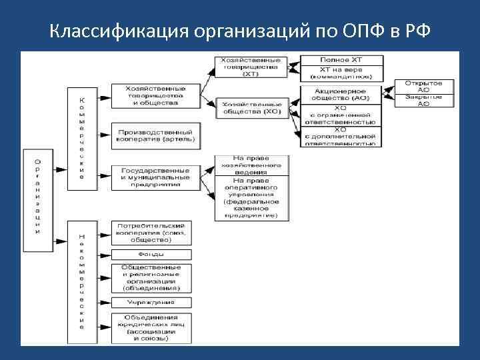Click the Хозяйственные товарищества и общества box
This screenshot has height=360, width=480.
pyautogui.click(x=155, y=96)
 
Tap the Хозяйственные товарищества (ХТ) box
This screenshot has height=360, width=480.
pyautogui.click(x=251, y=67)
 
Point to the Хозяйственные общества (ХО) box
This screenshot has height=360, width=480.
pyautogui.click(x=251, y=107)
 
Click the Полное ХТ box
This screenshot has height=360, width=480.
pyautogui.click(x=341, y=60)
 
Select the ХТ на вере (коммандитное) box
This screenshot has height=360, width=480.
pyautogui.click(x=341, y=73)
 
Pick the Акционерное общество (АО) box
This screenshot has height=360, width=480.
pyautogui.click(x=341, y=95)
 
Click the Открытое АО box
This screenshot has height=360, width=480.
pyautogui.click(x=427, y=87)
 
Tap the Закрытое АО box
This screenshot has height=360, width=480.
pyautogui.click(x=427, y=101)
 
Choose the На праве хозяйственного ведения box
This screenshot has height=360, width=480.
pyautogui.click(x=251, y=165)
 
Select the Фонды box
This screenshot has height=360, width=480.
pyautogui.click(x=150, y=255)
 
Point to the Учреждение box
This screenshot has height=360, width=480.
pyautogui.click(x=150, y=302)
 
